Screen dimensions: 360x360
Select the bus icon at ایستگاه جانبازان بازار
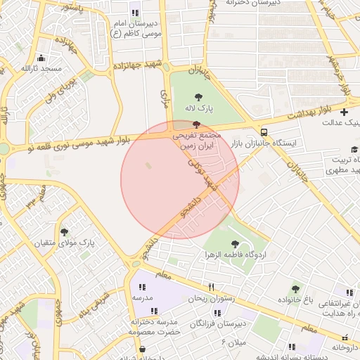(x=263, y=132)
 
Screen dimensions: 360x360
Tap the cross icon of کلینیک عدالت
(x=343, y=112)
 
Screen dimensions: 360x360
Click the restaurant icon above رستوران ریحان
(x=210, y=287)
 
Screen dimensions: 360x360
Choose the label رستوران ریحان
(x=210, y=298)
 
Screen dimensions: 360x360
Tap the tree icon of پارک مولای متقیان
(x=65, y=231)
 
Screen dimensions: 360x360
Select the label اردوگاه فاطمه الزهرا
(x=234, y=254)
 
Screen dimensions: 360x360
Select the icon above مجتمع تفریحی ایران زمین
(x=195, y=124)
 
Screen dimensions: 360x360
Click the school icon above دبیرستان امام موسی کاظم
(x=135, y=13)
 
